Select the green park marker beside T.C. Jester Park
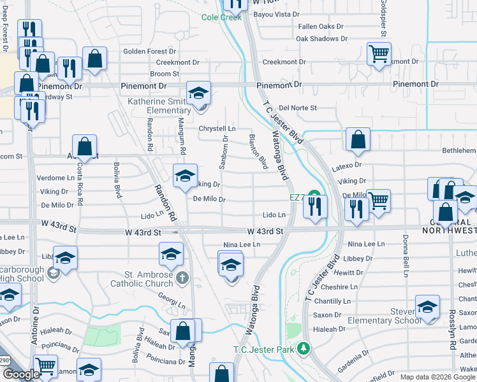(x=304, y=348)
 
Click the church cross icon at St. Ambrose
(x=182, y=278)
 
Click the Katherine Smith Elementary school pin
(x=198, y=93)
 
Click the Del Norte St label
(x=298, y=108)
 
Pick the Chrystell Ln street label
(x=217, y=129)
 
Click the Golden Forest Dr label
(x=149, y=52)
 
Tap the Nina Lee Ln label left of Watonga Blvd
(x=242, y=244)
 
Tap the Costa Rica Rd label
(x=79, y=184)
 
